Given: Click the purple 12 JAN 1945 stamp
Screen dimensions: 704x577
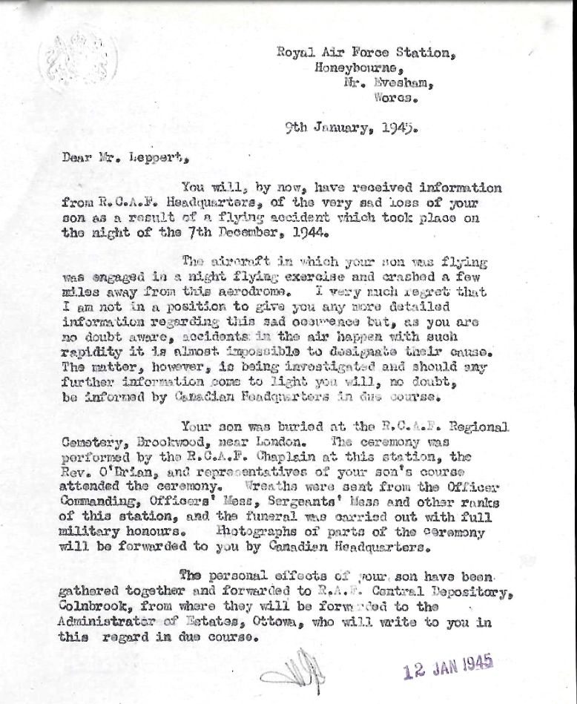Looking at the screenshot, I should click(x=449, y=668).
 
